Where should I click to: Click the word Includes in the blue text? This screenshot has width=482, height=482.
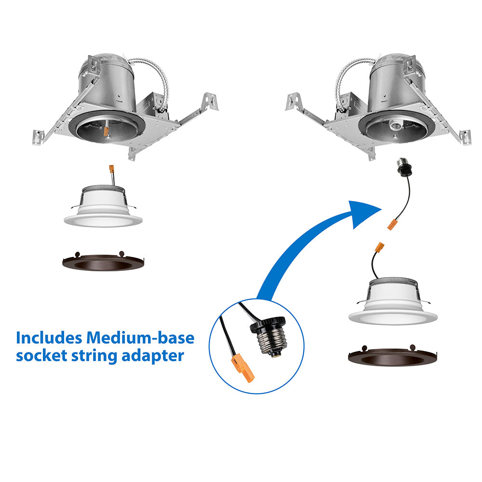[x=49, y=337]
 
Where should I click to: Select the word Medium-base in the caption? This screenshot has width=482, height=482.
[x=140, y=337]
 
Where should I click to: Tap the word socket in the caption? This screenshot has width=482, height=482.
[x=41, y=356]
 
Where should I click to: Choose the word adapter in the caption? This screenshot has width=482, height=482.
[x=153, y=356]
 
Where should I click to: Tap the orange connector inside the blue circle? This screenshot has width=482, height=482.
[x=243, y=368]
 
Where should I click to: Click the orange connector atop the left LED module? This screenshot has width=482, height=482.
[x=112, y=170]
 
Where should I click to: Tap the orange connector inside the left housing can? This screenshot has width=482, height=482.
[x=107, y=132]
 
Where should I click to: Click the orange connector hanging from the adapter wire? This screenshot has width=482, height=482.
[x=391, y=225]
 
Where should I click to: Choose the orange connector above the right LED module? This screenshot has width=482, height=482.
[x=380, y=247]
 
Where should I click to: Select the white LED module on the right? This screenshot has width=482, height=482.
[x=392, y=301]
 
